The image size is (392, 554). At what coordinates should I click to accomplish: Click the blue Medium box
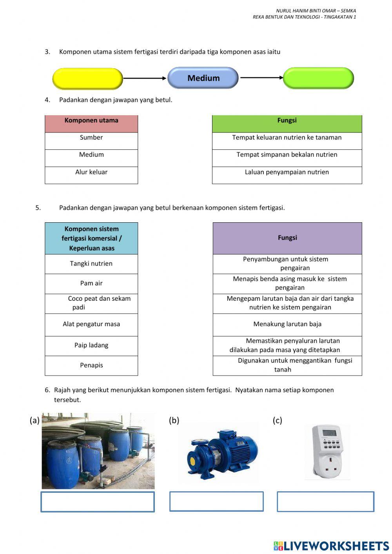203,78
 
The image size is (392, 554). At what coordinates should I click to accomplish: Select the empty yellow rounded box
88,78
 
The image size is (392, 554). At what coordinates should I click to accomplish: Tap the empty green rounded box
318,78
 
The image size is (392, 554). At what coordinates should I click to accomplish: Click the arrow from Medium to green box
261,78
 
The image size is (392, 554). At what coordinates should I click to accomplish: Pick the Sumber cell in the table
91,140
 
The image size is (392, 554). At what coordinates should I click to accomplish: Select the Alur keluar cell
91,175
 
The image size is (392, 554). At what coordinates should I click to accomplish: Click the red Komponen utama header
91,124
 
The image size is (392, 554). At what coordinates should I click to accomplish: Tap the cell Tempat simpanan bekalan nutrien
287,158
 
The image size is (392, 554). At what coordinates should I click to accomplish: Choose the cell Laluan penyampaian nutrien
287,175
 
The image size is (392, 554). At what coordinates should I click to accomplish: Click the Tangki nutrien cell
91,264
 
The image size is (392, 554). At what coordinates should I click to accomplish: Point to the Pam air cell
91,283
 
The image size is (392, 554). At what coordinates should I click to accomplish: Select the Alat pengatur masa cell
91,324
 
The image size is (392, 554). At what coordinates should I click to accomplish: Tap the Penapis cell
91,365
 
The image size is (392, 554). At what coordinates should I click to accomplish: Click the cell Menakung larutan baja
287,324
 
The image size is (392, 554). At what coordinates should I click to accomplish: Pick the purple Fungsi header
287,238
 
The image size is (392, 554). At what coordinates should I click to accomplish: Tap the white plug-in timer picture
328,452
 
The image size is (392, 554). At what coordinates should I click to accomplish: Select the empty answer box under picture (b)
216,501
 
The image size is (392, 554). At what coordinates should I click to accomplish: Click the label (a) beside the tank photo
34,420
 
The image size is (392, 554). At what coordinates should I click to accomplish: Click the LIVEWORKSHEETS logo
331,546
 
